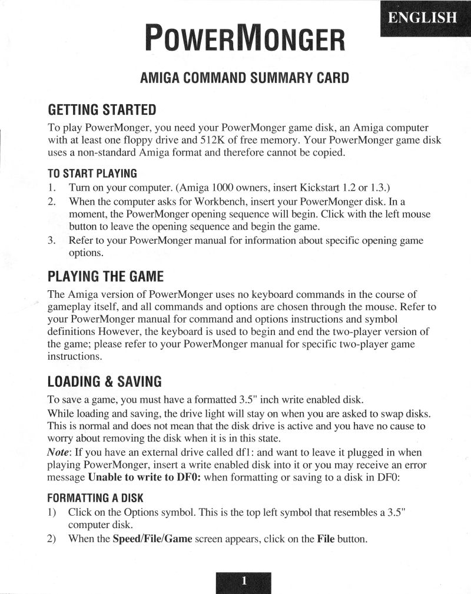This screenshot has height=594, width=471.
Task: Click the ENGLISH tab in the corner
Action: (422, 18)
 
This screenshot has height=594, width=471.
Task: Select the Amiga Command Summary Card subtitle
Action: (244, 78)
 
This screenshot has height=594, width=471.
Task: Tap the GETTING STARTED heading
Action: (102, 110)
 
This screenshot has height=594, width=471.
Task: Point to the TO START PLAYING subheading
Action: (92, 173)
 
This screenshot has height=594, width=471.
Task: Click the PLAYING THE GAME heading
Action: (105, 276)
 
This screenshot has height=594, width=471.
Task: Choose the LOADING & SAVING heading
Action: (104, 381)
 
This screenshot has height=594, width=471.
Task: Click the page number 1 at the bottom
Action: (244, 582)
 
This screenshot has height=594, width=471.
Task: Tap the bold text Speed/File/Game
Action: (152, 538)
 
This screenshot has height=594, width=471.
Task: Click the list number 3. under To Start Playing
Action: (52, 240)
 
